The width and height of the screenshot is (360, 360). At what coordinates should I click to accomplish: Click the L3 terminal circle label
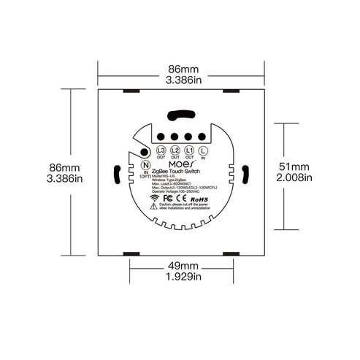click(x=162, y=151)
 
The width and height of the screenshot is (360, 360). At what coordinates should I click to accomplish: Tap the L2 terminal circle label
click(x=176, y=151)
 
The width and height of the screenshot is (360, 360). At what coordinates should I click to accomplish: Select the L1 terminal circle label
click(x=189, y=151)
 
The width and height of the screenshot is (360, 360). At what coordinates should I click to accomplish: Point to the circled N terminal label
click(x=145, y=165)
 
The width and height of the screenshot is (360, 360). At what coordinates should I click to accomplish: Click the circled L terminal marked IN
click(x=202, y=151)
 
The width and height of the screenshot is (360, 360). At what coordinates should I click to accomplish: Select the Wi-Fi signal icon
click(x=155, y=199)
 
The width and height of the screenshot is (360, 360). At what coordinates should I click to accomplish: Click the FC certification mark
click(x=167, y=198)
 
